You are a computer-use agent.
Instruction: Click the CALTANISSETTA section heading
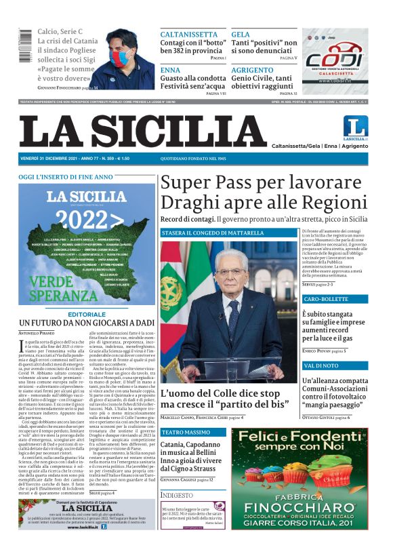tap(188, 34)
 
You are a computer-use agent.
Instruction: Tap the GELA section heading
tap(241, 34)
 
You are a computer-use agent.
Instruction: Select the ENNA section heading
tap(170, 70)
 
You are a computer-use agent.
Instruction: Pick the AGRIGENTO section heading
tap(254, 70)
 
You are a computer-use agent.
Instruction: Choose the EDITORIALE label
tap(87, 315)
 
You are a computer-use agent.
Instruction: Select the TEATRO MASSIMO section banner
tap(186, 432)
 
